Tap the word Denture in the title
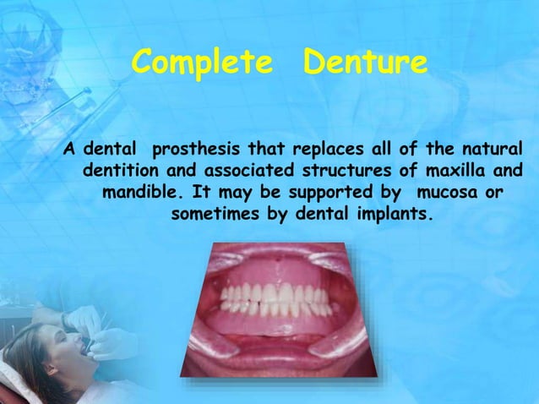(x=365, y=63)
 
